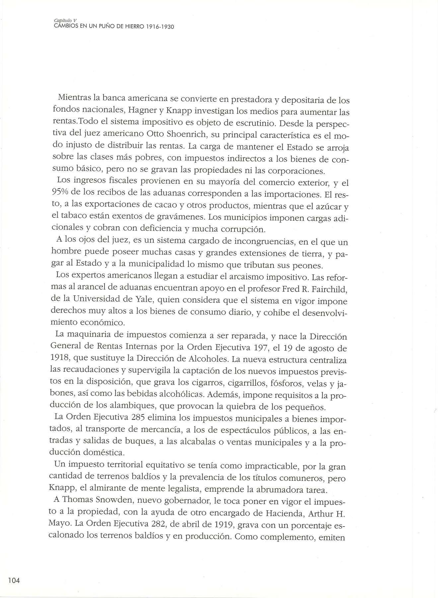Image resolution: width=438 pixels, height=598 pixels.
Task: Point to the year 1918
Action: pyautogui.click(x=60, y=360)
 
